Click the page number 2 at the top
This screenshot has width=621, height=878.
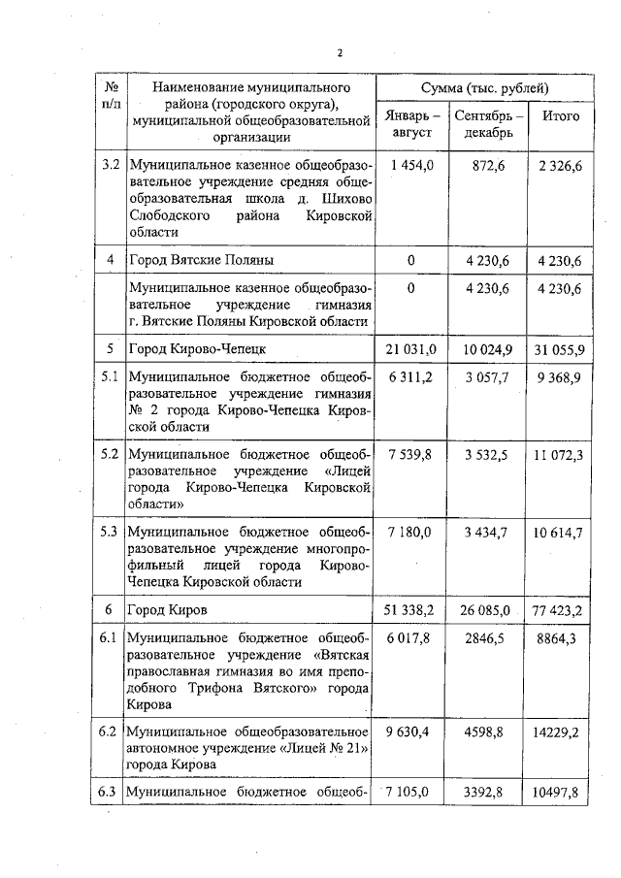click(x=339, y=52)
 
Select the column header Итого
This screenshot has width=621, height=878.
click(x=560, y=116)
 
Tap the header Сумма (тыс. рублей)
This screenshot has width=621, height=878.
click(x=480, y=88)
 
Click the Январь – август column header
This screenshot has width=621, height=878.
click(x=411, y=124)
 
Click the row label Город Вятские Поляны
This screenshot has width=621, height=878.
click(x=202, y=260)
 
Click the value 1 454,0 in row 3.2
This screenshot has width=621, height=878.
click(x=411, y=167)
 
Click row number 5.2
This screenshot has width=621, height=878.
click(x=110, y=452)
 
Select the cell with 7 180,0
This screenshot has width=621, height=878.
click(x=411, y=532)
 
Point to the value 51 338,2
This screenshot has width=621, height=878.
click(x=411, y=609)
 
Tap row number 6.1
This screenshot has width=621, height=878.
click(x=110, y=637)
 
